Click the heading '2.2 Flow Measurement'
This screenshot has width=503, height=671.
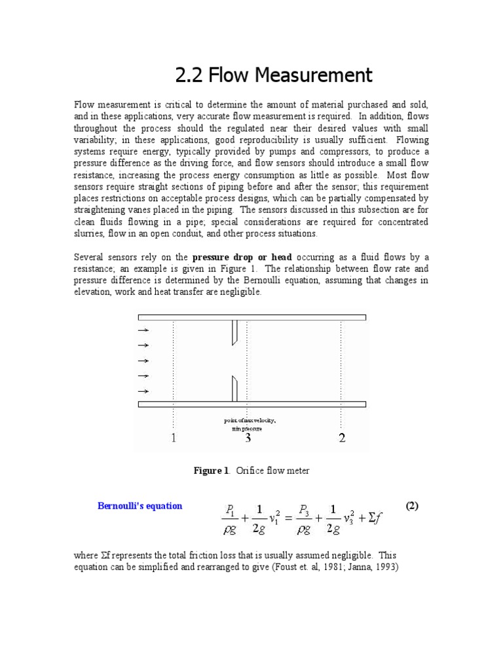(x=274, y=75)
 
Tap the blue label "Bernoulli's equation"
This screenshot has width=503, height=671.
(x=140, y=506)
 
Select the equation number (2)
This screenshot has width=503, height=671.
(x=411, y=506)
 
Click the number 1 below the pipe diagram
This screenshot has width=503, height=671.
(x=174, y=438)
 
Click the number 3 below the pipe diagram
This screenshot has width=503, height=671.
(x=248, y=438)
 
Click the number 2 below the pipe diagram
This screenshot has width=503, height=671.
(x=342, y=438)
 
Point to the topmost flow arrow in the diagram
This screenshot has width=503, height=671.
(x=143, y=330)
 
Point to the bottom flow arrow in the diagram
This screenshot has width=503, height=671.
(x=143, y=391)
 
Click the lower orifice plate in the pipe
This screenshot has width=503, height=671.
(x=234, y=388)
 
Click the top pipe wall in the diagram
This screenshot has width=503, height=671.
(x=251, y=318)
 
